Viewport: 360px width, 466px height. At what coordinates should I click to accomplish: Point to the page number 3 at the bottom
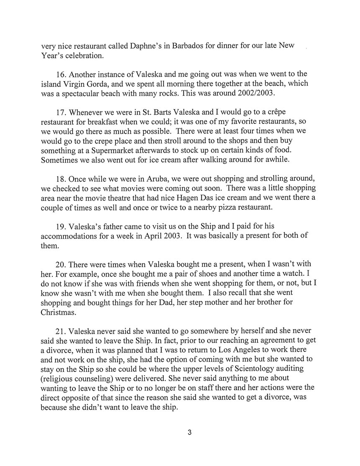189,433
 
